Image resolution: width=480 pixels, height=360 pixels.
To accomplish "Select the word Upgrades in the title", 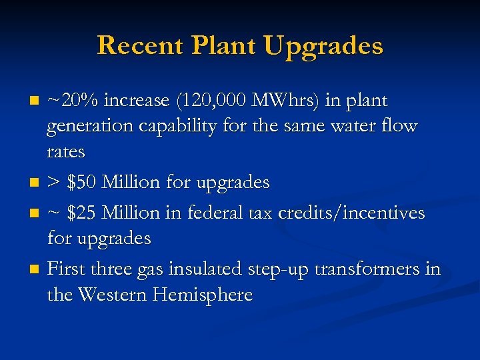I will click(323, 46).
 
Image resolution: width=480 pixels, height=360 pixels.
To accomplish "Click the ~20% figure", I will click(72, 101).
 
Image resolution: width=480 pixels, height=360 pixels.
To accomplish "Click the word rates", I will click(66, 152).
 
